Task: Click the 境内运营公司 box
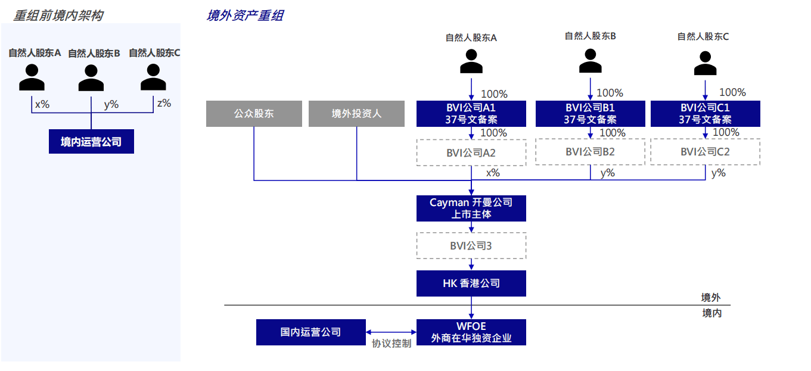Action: [x=91, y=142]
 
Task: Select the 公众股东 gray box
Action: [x=254, y=114]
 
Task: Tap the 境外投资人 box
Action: [x=356, y=114]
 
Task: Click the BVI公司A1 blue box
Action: [x=471, y=114]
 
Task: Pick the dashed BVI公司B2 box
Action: [x=590, y=152]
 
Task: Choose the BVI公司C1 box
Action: [x=705, y=114]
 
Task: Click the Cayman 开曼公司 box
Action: [x=471, y=208]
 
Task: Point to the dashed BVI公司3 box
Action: [x=471, y=245]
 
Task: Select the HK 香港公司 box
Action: [x=471, y=283]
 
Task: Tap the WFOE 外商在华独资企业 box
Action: [x=471, y=332]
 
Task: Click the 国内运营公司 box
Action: [x=310, y=332]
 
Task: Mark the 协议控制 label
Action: [x=391, y=344]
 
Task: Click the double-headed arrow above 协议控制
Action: [x=391, y=332]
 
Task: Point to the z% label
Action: [x=164, y=103]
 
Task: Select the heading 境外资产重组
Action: [x=245, y=16]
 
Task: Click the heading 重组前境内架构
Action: [x=58, y=15]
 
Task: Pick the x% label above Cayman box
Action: [x=493, y=173]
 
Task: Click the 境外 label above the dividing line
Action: [x=711, y=298]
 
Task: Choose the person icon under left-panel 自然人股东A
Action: [x=32, y=77]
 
